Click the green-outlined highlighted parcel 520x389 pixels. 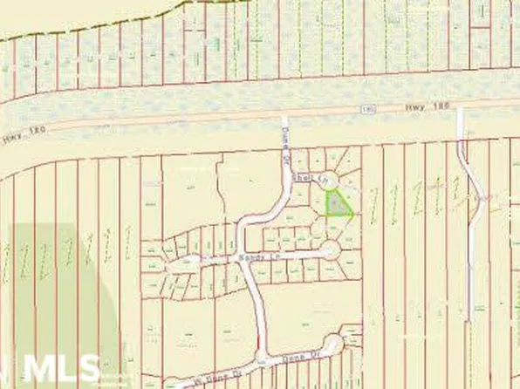[337, 204]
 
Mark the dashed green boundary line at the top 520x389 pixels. [131, 21]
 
